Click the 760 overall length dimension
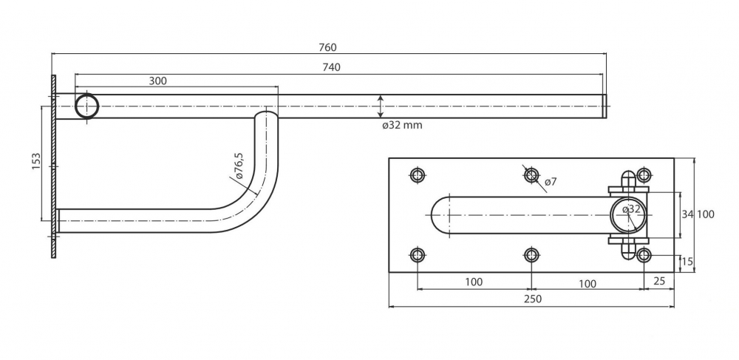(x=328, y=47)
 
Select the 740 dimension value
(x=332, y=67)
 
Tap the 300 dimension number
(x=157, y=81)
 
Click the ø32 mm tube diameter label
(x=402, y=125)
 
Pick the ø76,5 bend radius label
(x=238, y=168)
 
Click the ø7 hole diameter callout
(x=551, y=182)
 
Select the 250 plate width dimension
(x=532, y=299)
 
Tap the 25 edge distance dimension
(x=660, y=282)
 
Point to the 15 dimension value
(x=688, y=262)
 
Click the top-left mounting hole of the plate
(x=418, y=175)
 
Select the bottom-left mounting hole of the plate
(x=418, y=256)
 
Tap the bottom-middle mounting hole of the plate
(x=531, y=256)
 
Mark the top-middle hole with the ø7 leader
(x=531, y=175)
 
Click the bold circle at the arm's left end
(x=87, y=106)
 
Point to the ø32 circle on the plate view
(x=628, y=214)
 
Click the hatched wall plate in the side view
(x=53, y=166)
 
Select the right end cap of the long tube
(x=602, y=106)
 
